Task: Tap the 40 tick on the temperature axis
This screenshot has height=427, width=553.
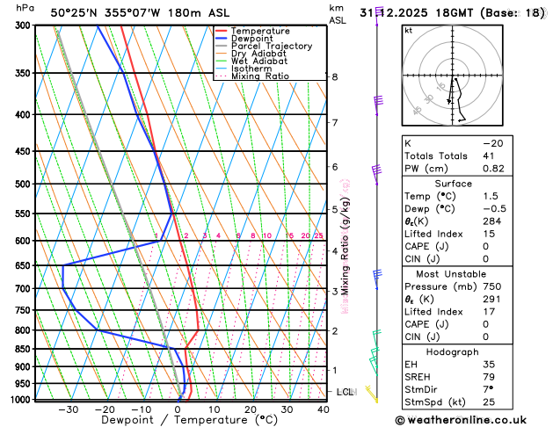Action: point(324,409)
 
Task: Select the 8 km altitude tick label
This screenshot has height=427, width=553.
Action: point(334,77)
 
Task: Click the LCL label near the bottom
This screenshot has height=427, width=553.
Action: point(346,391)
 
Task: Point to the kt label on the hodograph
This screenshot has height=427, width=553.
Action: point(408,30)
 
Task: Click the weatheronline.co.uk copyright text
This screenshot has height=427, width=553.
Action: point(470,420)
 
